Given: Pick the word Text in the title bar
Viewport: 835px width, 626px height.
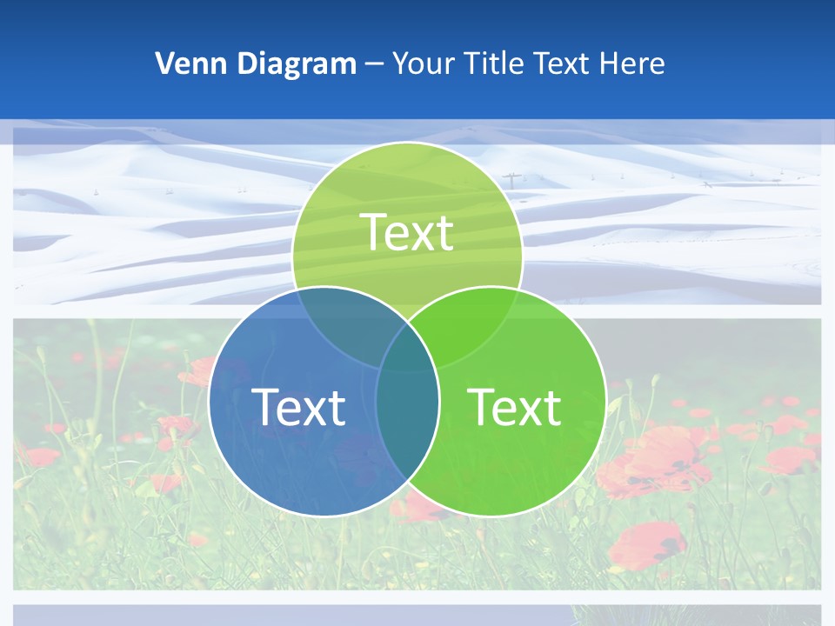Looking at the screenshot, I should (563, 63).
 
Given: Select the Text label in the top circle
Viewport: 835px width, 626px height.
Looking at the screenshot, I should (407, 232).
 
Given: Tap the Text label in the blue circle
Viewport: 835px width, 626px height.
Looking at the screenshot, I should (298, 406).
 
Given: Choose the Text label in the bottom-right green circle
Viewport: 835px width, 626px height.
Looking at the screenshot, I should (514, 406).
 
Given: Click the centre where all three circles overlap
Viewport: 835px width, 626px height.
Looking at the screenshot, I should (407, 352).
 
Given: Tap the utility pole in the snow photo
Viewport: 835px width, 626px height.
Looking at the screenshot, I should (513, 180).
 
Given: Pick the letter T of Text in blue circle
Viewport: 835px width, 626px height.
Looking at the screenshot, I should (265, 406).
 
